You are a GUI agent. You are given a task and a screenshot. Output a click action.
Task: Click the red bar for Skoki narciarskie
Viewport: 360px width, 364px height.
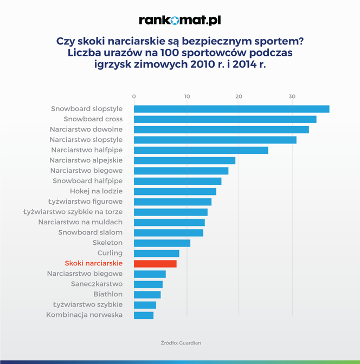coord(155,264)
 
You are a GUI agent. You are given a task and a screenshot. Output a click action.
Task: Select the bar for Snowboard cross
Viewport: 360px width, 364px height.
coord(225,119)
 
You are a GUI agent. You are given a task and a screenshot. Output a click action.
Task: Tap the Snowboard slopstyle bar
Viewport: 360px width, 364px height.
coord(232,109)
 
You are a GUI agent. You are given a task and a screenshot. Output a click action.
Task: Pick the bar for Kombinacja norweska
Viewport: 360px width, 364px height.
coord(144,315)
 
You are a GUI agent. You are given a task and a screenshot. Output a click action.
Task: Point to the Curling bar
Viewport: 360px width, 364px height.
coord(157,253)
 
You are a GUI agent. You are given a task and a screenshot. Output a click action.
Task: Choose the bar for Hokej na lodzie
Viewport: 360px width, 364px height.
coord(175,191)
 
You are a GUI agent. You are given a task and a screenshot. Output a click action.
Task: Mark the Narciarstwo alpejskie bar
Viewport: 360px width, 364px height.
coord(184,160)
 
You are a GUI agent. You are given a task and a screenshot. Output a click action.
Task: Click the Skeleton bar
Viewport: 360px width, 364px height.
coord(162,243)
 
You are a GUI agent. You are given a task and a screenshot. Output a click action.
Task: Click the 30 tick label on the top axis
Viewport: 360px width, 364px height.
coord(292,96)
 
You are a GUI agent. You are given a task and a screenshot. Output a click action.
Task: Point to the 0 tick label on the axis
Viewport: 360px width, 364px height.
coord(134,96)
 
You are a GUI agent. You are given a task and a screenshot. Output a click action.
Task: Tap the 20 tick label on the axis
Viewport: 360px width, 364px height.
coord(239,96)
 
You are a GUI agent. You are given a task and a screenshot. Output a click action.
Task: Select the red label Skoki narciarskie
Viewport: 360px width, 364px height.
coord(93,264)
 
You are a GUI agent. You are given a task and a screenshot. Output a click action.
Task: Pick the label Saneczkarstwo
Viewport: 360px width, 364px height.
coord(97,284)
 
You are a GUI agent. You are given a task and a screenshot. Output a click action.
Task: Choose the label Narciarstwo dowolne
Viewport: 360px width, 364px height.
coord(86,129)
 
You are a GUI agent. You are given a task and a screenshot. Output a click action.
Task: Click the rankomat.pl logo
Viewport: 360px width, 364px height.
coord(180,21)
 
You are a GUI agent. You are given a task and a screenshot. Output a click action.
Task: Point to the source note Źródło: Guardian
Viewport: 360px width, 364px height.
coord(181,343)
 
